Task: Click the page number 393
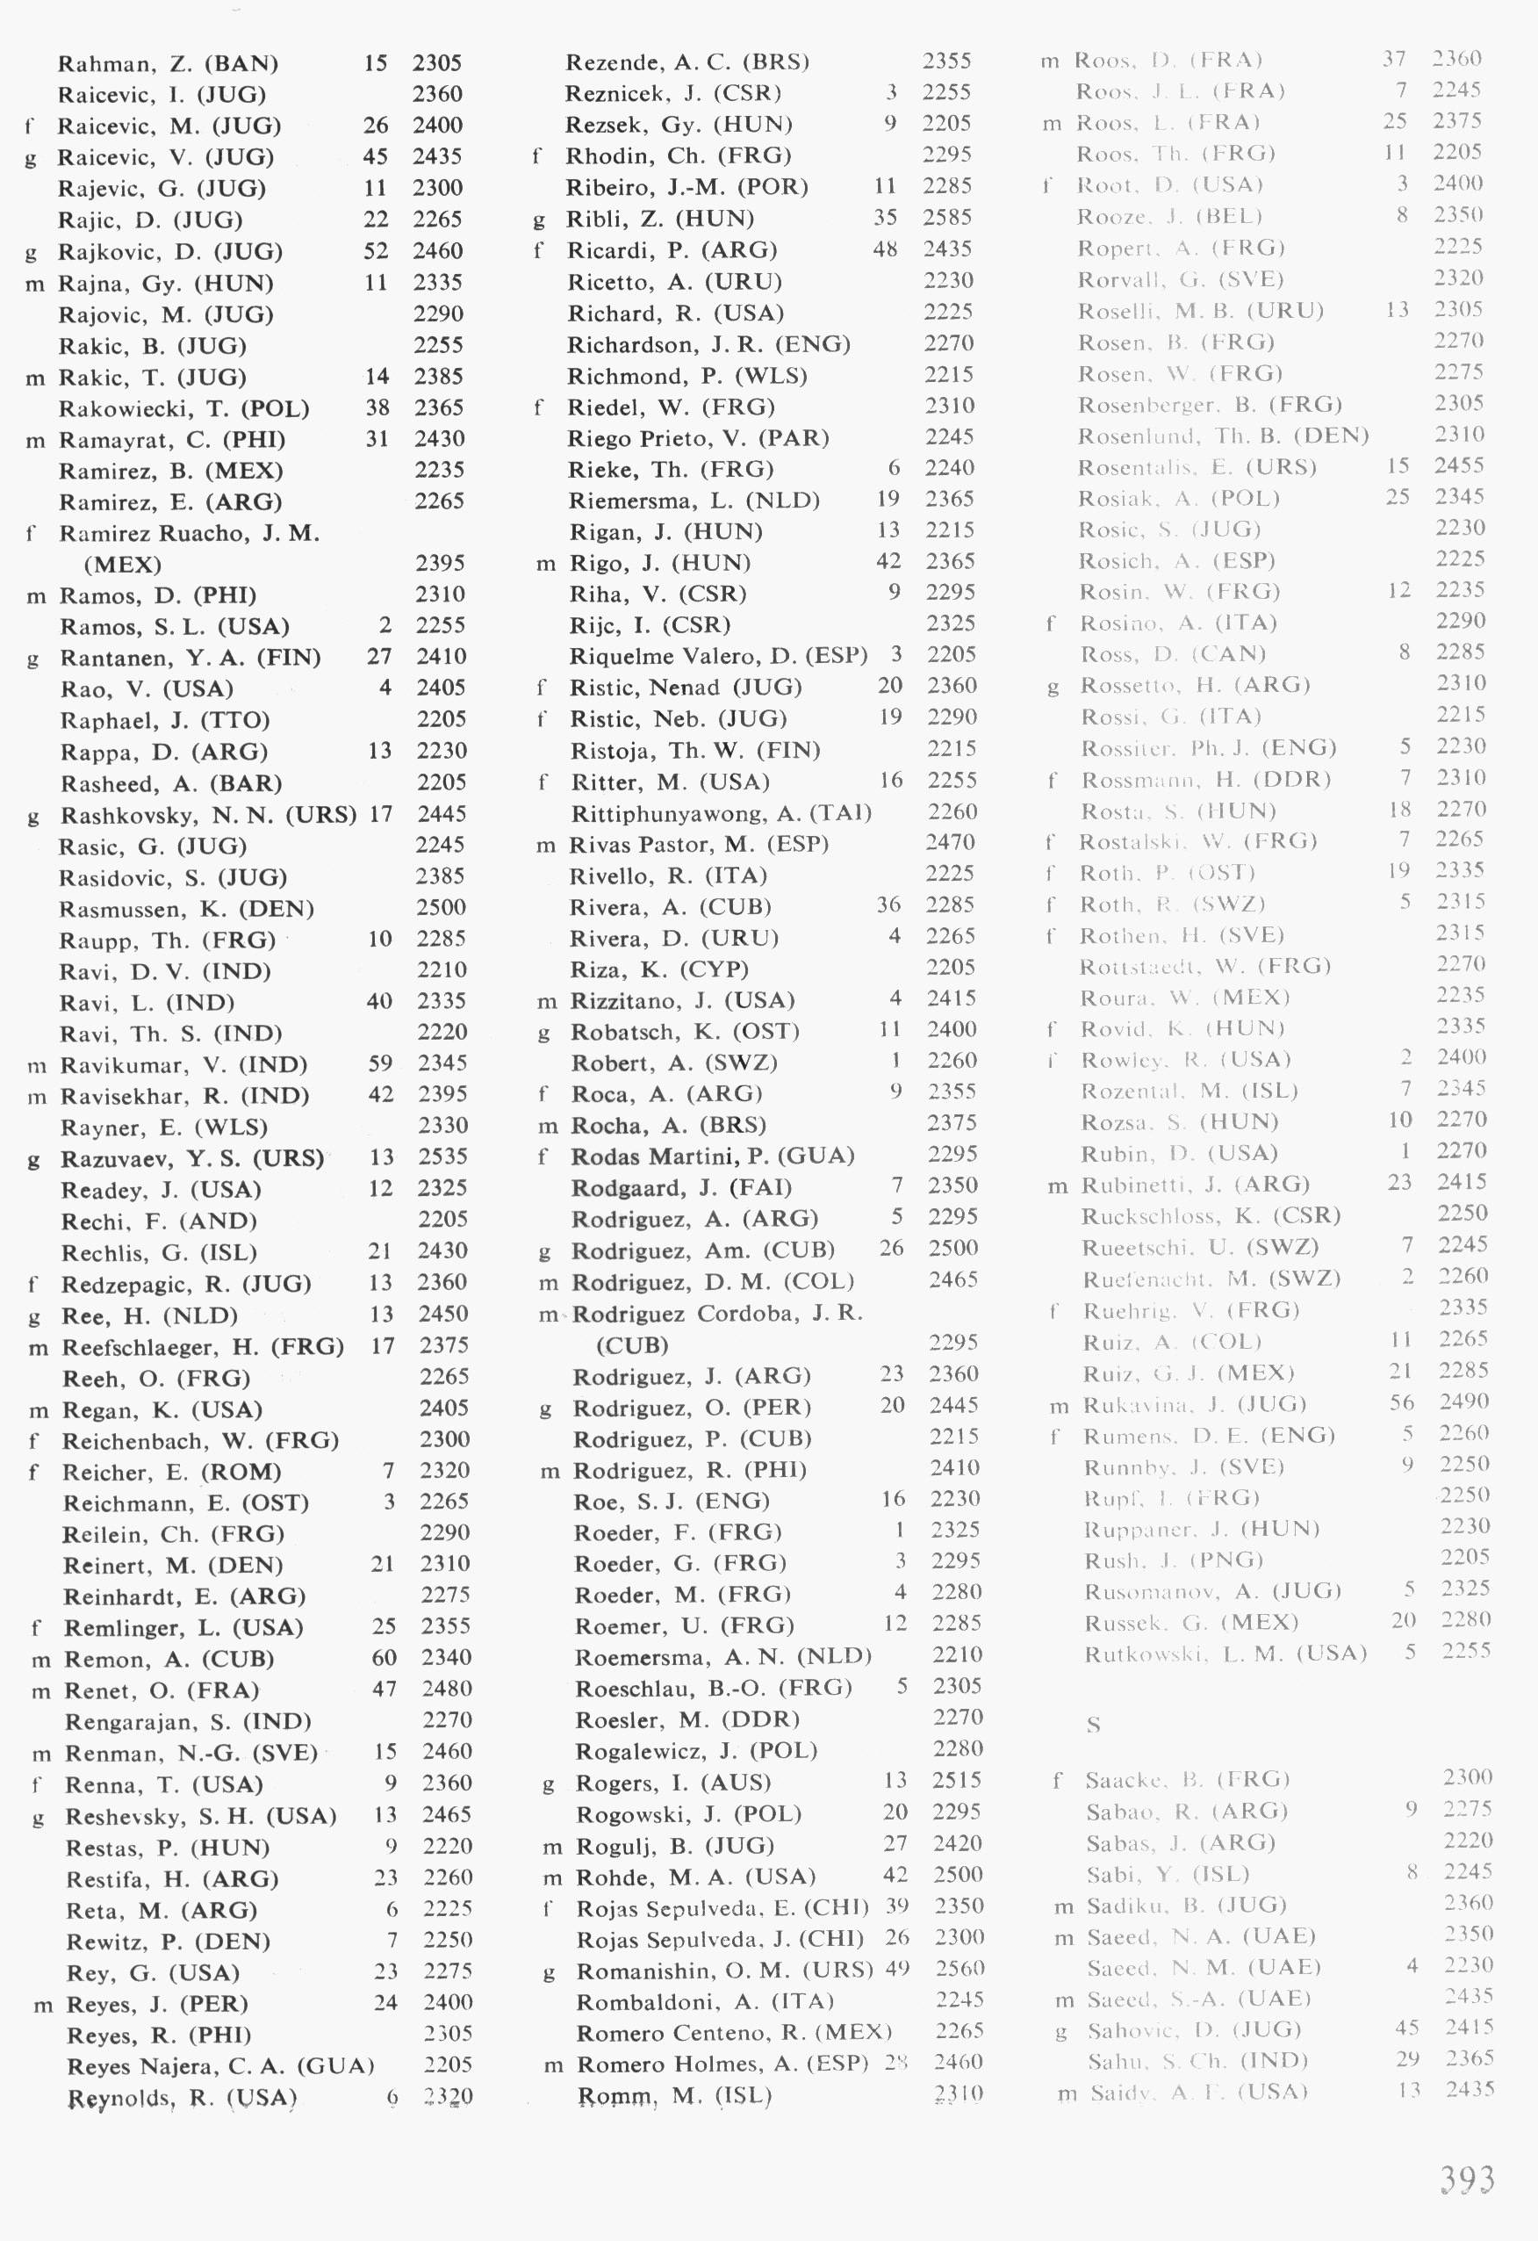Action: [1467, 2180]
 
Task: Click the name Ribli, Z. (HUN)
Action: [659, 219]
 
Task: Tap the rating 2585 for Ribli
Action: [947, 218]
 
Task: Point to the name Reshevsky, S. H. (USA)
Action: [200, 1817]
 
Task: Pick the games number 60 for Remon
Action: [384, 1658]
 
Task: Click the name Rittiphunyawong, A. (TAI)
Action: [722, 813]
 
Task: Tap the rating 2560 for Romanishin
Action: [959, 1968]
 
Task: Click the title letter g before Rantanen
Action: [32, 659]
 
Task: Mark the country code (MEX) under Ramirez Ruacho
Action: [123, 564]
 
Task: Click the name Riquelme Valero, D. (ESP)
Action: [718, 656]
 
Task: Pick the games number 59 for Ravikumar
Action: [380, 1063]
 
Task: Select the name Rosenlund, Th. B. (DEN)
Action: [1223, 436]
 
